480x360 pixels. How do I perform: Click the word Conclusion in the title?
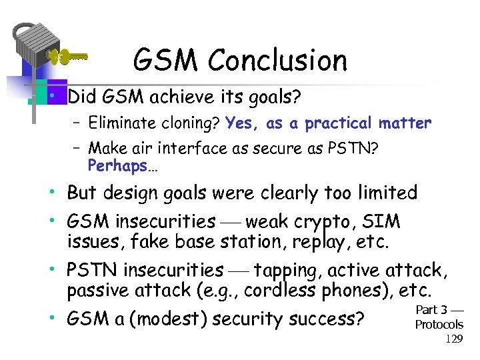pos(277,61)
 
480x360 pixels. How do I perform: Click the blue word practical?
pos(338,123)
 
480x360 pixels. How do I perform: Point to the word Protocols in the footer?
pos(439,325)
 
